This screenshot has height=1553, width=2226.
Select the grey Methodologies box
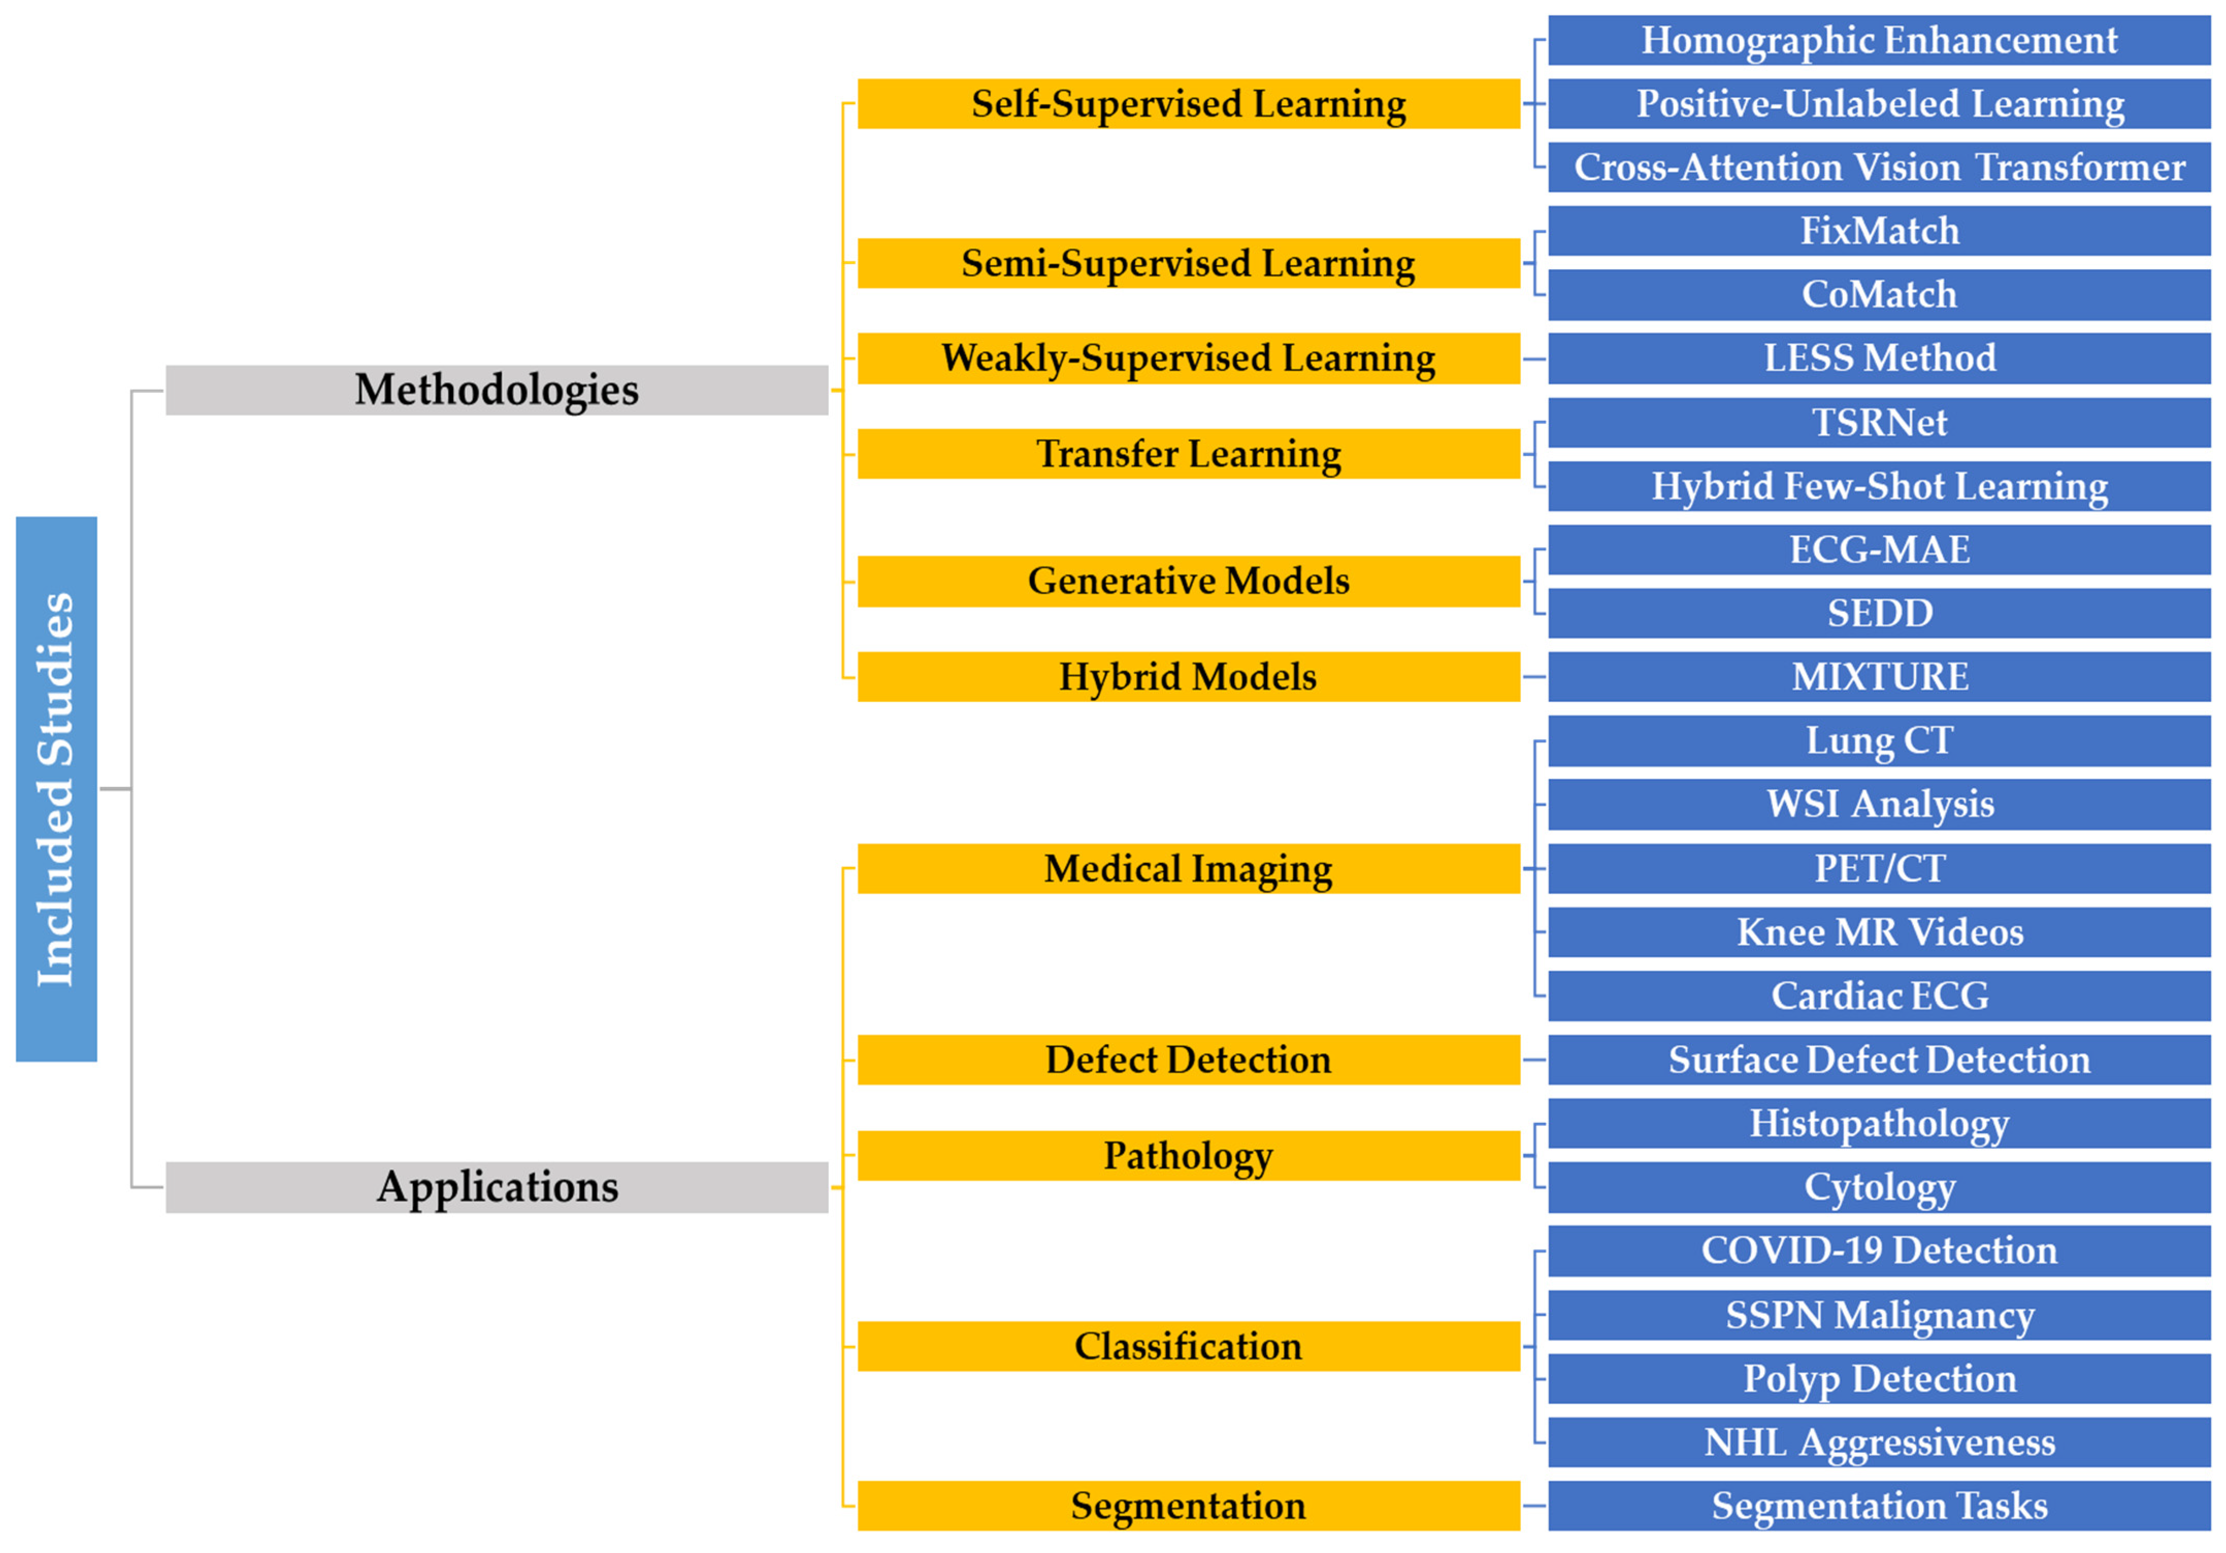point(496,390)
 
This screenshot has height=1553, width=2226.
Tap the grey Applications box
point(496,1187)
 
